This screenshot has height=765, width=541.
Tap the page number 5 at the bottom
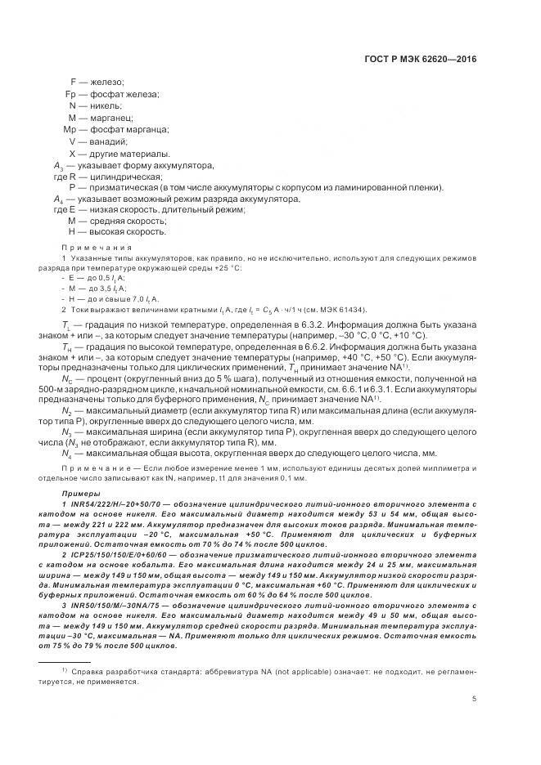click(x=475, y=699)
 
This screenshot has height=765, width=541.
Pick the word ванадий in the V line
click(x=112, y=141)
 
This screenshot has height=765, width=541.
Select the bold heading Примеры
click(x=80, y=494)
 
